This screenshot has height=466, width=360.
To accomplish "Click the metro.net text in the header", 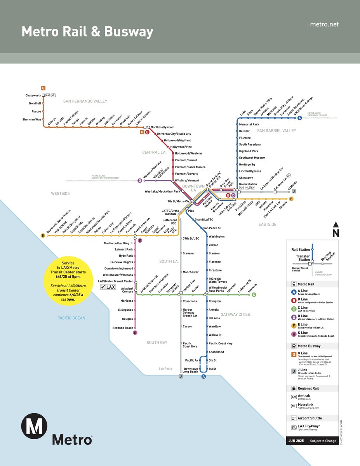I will pos(324,24).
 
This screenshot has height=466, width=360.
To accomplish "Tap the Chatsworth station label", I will pos(33,95).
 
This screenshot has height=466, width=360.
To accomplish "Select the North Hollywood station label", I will pos(162,127).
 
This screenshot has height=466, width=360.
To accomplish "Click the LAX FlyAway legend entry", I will pos(309,428).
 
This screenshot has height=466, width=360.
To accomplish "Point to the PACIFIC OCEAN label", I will pos(71,318).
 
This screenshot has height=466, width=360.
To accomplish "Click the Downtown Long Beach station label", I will pos(191,370).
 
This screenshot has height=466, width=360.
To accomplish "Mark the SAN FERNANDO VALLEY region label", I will pos(85,101).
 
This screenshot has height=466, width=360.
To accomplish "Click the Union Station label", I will pos(248,184).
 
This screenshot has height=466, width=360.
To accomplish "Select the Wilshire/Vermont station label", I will pos(187,181).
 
